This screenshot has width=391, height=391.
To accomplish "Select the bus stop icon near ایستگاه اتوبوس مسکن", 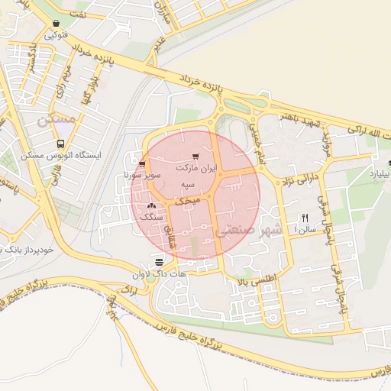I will (60, 144).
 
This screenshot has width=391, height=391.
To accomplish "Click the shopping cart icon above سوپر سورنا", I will (142, 163).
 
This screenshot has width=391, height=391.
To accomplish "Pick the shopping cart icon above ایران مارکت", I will (196, 156).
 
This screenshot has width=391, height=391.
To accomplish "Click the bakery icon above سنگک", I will (150, 205).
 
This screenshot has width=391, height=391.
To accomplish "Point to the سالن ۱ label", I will (306, 228).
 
